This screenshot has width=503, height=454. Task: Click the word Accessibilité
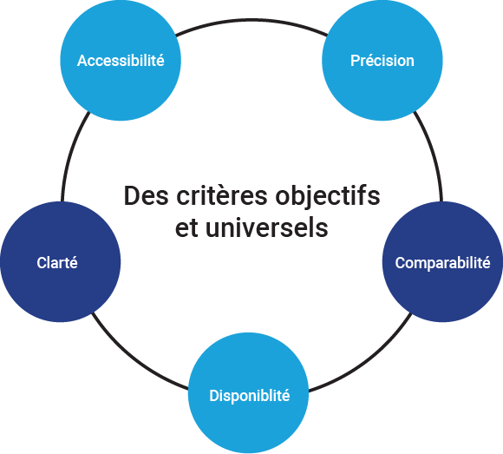pyautogui.click(x=121, y=61)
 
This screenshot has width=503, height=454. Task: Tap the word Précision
pyautogui.click(x=382, y=61)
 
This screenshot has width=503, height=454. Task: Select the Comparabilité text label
pyautogui.click(x=442, y=263)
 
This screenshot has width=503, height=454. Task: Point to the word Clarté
pyautogui.click(x=57, y=263)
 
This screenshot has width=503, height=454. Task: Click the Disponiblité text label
pyautogui.click(x=250, y=396)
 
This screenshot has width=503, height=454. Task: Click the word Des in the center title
pyautogui.click(x=146, y=195)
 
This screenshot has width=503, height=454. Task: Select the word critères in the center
pyautogui.click(x=222, y=195)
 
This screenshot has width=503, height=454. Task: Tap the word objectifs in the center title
pyautogui.click(x=328, y=196)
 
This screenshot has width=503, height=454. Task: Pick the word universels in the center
pyautogui.click(x=267, y=227)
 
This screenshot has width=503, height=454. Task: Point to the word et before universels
pyautogui.click(x=186, y=228)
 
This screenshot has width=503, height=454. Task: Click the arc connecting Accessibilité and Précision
pyautogui.click(x=251, y=20)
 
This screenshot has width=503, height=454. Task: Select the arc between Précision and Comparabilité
pyautogui.click(x=433, y=155)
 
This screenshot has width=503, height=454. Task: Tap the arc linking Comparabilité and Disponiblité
pyautogui.click(x=366, y=362)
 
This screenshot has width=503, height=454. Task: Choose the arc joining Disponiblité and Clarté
pyautogui.click(x=134, y=360)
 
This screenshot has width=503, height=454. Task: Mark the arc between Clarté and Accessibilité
pyautogui.click(x=70, y=155)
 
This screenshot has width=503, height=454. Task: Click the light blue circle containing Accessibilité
pyautogui.click(x=121, y=61)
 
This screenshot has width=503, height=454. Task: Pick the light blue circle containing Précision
pyautogui.click(x=382, y=61)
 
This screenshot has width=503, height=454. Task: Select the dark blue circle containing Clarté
pyautogui.click(x=61, y=261)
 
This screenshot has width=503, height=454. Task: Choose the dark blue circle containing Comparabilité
pyautogui.click(x=442, y=261)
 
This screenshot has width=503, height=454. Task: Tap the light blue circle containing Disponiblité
pyautogui.click(x=248, y=392)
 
